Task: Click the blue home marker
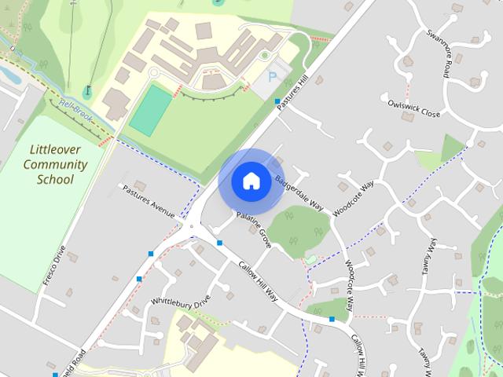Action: tap(251, 181)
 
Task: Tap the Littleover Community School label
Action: tap(55, 164)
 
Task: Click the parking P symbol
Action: tap(273, 77)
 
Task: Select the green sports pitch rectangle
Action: tap(151, 111)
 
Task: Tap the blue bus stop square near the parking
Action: tap(277, 101)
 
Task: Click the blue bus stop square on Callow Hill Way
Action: tap(332, 319)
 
